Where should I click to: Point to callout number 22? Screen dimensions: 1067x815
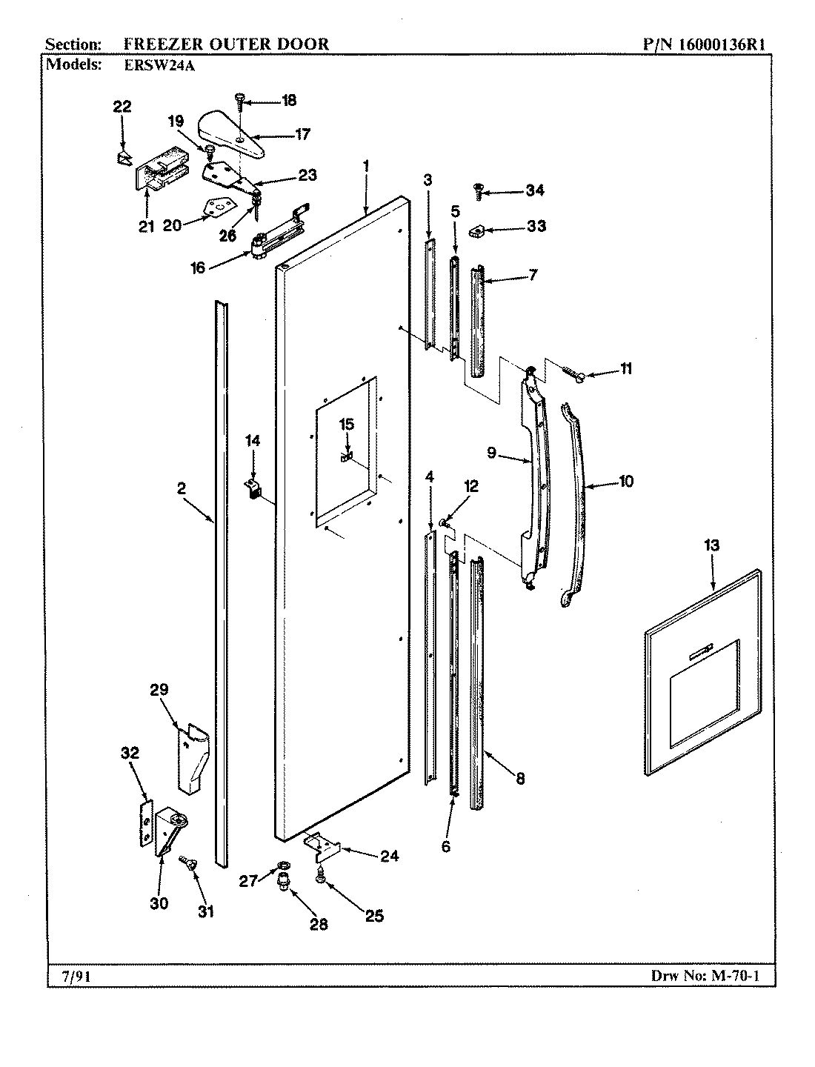pos(122,107)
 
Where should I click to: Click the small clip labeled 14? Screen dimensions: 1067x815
pos(253,488)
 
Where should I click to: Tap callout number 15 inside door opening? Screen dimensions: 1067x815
pos(347,425)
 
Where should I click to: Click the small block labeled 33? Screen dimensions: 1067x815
pos(476,233)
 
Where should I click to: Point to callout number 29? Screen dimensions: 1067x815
pos(159,690)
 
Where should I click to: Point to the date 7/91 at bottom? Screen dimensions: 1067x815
pos(72,977)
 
